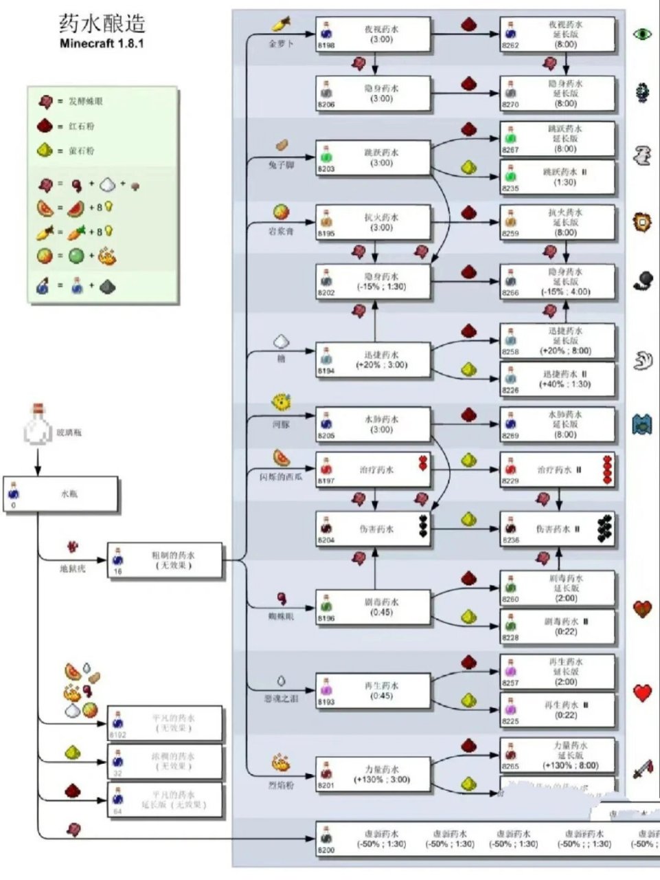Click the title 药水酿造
[102, 23]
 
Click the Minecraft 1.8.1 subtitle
[102, 44]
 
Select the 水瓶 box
[61, 494]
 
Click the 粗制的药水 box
[166, 560]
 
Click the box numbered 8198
[374, 35]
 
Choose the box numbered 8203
[374, 158]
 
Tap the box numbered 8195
[374, 222]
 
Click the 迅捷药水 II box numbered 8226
[557, 379]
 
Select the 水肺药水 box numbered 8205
[374, 425]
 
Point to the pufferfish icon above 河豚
[280, 402]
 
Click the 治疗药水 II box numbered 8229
[557, 470]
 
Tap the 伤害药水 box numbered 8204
[374, 529]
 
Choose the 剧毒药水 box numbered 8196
[374, 607]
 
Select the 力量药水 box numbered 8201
[374, 775]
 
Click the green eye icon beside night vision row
[642, 33]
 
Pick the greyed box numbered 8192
[166, 723]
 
